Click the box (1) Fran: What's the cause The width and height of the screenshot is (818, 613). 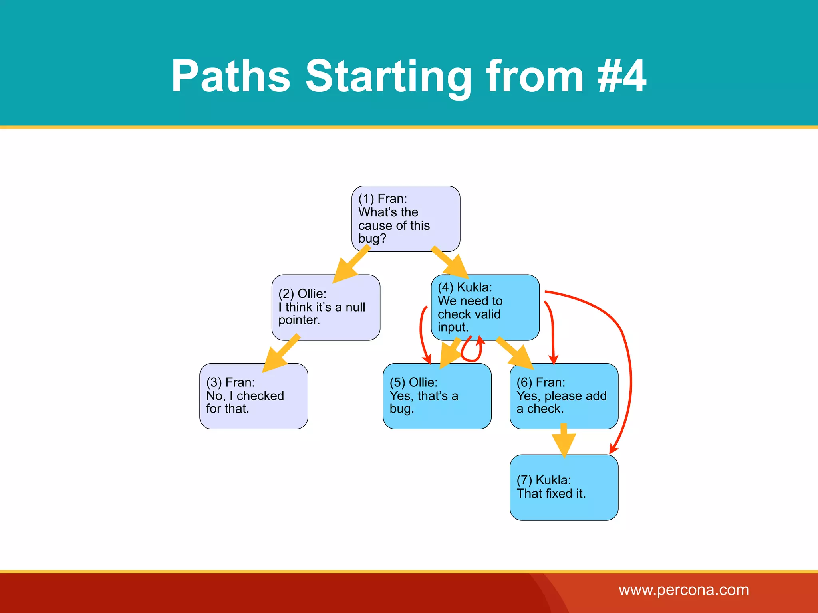point(405,219)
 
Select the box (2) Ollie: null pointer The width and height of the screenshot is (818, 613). point(326,307)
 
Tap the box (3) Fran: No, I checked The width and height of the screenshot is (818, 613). point(254,396)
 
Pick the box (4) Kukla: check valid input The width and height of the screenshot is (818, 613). point(485,307)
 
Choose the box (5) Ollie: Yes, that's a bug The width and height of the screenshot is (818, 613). point(437,396)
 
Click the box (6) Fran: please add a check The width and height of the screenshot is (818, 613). point(564,396)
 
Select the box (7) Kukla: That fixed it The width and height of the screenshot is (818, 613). point(564,487)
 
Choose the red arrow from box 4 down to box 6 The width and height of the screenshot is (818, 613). point(553,331)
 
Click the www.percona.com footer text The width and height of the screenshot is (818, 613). point(683,590)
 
